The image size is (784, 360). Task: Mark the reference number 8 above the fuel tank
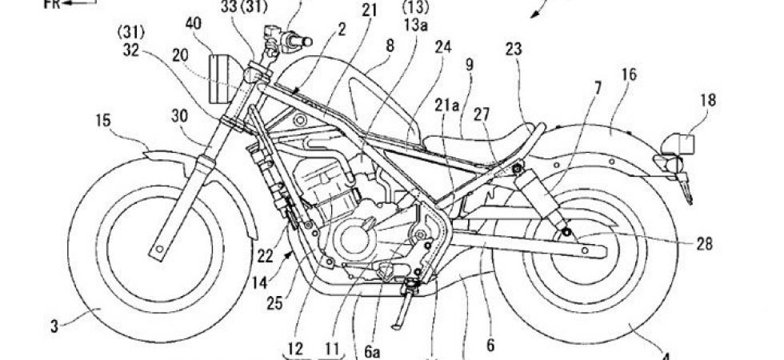tap(390, 48)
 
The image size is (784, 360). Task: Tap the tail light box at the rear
tap(680, 145)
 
